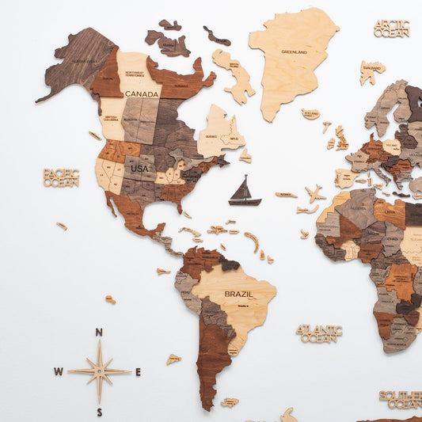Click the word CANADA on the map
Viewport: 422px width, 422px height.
click(141, 93)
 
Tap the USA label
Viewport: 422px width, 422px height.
click(139, 169)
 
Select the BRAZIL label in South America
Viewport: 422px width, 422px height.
click(238, 294)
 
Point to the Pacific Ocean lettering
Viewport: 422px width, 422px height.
click(61, 177)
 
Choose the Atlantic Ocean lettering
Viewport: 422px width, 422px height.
click(319, 333)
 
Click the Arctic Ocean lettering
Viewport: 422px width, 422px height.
click(391, 29)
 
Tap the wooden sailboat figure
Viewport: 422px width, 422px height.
click(244, 192)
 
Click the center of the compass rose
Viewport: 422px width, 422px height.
click(99, 371)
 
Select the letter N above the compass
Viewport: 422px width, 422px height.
click(99, 333)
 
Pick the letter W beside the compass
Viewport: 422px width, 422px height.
click(59, 371)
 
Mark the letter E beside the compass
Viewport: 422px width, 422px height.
click(138, 371)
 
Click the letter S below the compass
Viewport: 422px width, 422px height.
click(100, 412)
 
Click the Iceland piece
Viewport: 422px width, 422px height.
click(310, 114)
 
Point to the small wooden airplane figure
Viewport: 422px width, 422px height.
click(315, 193)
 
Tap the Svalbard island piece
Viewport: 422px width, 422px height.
click(371, 71)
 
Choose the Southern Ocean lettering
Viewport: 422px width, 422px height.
click(401, 399)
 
